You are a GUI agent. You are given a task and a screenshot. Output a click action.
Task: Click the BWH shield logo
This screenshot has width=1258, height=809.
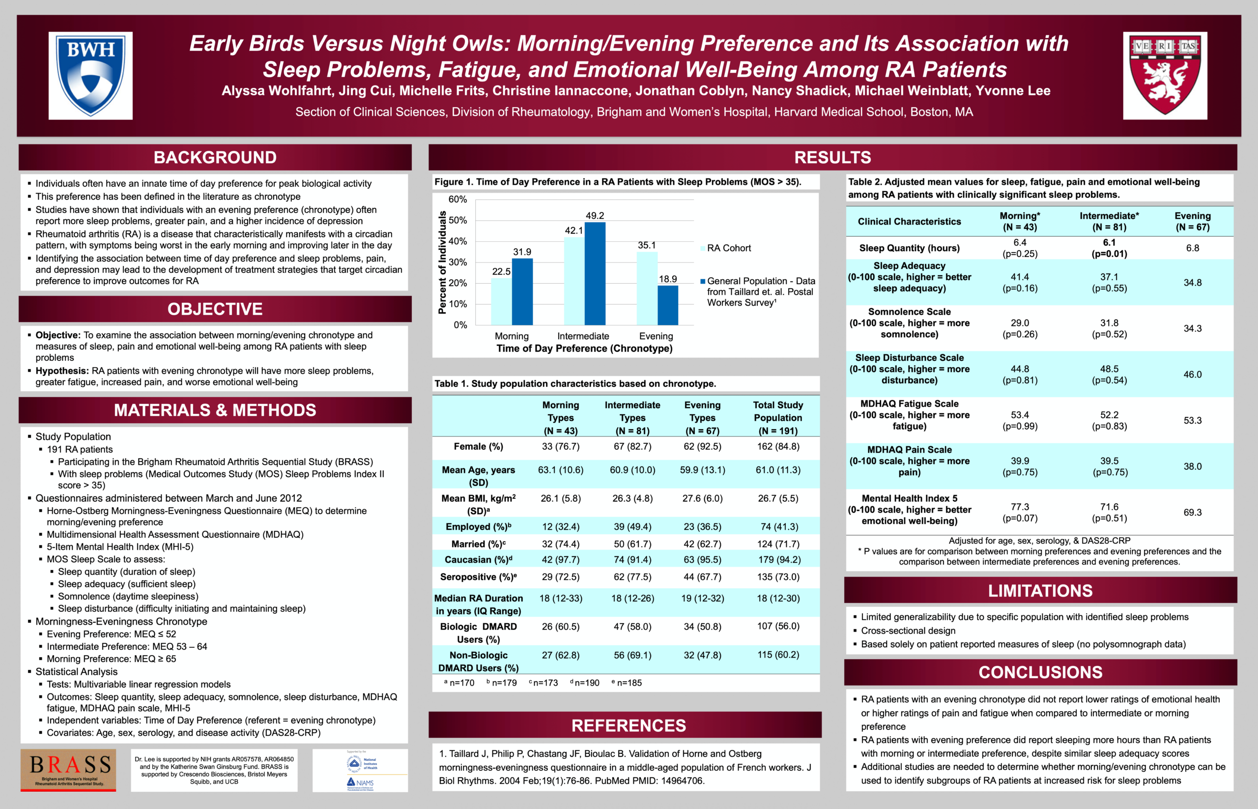90,75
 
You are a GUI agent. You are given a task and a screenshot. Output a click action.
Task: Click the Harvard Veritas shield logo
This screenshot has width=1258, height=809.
1165,75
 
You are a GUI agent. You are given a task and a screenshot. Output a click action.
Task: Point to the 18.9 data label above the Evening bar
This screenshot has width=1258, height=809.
668,279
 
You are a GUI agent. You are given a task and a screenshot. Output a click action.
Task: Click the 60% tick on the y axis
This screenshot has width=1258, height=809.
457,200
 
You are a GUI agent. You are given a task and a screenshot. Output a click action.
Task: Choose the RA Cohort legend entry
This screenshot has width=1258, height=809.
728,248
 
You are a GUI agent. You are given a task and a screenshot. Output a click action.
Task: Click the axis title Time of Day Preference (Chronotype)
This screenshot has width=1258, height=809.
584,348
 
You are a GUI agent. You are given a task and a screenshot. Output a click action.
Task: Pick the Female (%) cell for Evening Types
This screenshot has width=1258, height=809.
702,447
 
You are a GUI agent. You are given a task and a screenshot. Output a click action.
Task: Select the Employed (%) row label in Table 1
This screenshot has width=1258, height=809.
478,526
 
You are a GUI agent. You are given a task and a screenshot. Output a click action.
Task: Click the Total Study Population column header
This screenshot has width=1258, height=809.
777,418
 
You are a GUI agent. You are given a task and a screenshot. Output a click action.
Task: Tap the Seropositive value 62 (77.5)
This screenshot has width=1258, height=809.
632,577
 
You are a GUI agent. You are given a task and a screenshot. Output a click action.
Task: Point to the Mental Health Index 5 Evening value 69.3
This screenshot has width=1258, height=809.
1192,512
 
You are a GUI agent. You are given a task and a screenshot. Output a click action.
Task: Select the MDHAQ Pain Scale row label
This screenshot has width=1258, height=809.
909,461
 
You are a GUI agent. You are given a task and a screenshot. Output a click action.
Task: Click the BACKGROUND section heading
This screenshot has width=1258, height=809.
215,158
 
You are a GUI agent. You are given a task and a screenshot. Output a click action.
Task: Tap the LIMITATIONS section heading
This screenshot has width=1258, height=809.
1040,590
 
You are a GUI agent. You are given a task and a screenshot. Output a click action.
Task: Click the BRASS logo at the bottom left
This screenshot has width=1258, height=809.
68,770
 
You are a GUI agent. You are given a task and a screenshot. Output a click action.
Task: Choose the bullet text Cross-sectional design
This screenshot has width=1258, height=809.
908,631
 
